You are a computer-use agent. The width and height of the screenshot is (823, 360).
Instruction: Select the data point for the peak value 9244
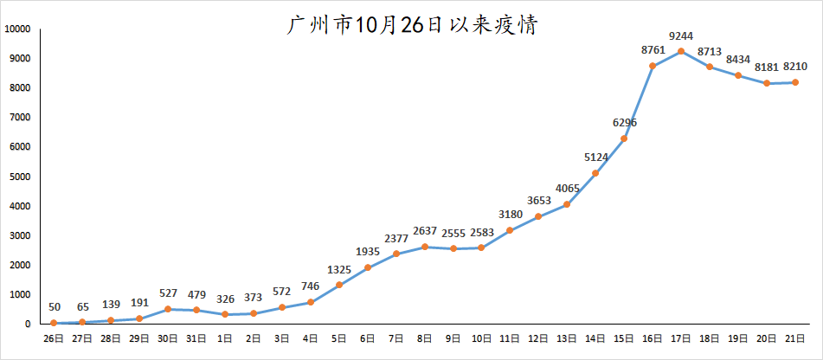click(681, 51)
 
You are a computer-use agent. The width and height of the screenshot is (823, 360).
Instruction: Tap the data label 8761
click(653, 49)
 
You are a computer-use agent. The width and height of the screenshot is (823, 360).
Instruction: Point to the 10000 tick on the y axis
click(17, 29)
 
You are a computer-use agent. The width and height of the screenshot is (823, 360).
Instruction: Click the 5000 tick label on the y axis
click(20, 177)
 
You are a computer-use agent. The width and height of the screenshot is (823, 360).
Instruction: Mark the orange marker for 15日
click(624, 138)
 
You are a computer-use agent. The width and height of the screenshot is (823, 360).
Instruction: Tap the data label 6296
click(624, 123)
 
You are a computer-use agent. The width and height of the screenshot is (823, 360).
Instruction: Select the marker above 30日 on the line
click(168, 309)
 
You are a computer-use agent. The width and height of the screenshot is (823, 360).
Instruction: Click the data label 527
click(168, 293)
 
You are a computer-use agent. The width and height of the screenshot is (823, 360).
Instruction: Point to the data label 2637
click(424, 230)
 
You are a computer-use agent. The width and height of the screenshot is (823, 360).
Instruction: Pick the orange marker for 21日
click(795, 82)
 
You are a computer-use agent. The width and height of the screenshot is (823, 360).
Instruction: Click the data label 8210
click(795, 66)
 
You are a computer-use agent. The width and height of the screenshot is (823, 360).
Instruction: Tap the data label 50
click(55, 307)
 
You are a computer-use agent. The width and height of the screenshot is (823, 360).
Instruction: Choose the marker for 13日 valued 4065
click(567, 204)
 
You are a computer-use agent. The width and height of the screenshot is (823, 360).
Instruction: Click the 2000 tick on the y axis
click(20, 265)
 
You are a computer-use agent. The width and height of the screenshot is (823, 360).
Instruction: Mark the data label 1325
click(339, 269)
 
